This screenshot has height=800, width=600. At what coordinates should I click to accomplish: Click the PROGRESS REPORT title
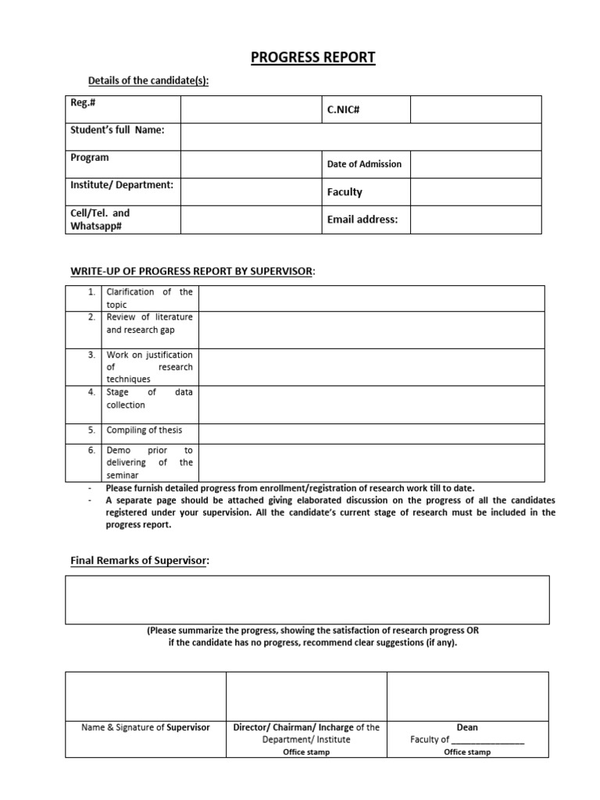tap(302, 58)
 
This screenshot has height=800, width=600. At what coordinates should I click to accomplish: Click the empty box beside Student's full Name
tap(361, 137)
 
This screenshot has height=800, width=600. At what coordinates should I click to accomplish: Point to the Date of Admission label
tap(364, 164)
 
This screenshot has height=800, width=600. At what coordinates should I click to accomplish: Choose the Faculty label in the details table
tap(345, 192)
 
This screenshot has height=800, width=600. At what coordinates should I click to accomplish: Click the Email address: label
tap(362, 220)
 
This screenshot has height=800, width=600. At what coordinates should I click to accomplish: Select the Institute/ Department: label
tap(122, 185)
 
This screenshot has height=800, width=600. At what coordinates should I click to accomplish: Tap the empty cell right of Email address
tap(475, 220)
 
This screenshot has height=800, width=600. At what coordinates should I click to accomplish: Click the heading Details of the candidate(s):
tap(148, 80)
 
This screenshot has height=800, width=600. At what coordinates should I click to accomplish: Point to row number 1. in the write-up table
tap(92, 292)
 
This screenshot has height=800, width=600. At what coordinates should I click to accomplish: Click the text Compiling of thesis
tap(144, 430)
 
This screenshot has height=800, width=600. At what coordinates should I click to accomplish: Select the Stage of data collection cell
tap(149, 399)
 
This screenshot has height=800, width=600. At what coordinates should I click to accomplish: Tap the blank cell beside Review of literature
tap(370, 330)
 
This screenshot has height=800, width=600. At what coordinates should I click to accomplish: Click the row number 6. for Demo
tap(92, 451)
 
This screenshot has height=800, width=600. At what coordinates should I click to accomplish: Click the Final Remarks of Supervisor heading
tap(140, 561)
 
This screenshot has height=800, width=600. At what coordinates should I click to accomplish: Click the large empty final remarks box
tap(306, 599)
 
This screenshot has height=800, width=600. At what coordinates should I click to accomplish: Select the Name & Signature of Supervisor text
tap(146, 727)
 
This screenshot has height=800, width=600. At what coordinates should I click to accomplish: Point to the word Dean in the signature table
tap(467, 727)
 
